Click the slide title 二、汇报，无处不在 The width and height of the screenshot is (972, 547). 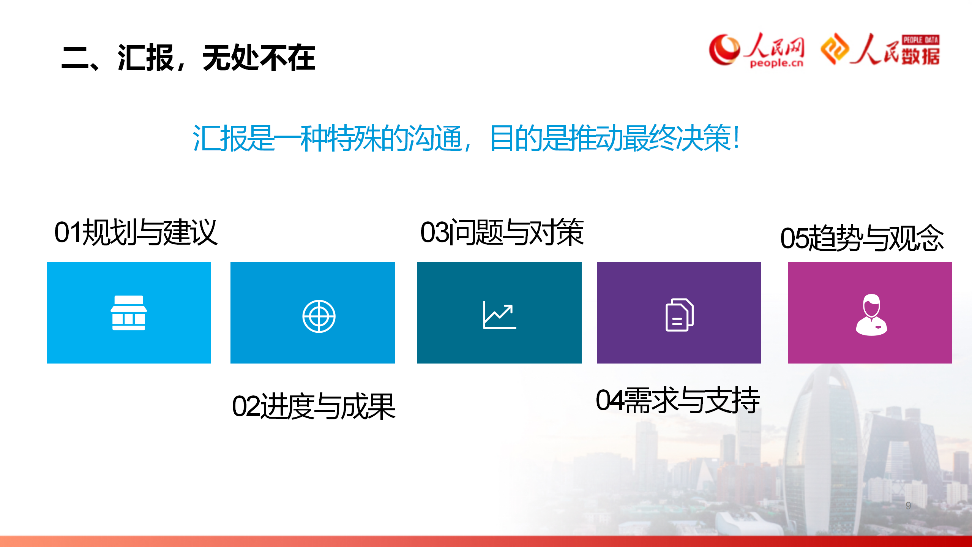click(x=188, y=58)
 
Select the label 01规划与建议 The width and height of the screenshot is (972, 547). click(x=136, y=232)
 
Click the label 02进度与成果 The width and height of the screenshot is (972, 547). click(x=314, y=406)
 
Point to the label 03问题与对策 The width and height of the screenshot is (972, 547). click(x=502, y=232)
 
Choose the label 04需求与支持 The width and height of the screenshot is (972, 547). click(x=678, y=400)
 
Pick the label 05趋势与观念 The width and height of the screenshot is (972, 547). click(x=862, y=238)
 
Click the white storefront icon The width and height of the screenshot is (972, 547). click(x=129, y=313)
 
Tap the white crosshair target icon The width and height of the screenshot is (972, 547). click(x=319, y=316)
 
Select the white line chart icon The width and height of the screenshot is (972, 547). click(x=499, y=315)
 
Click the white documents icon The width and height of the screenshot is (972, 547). click(x=680, y=315)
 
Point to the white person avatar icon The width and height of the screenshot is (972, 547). click(x=871, y=315)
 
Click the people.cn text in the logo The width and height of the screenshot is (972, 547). click(x=776, y=63)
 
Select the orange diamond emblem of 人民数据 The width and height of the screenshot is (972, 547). click(x=835, y=49)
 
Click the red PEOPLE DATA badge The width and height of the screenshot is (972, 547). click(x=921, y=40)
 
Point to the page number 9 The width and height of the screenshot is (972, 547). click(x=908, y=506)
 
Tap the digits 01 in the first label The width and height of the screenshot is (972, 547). click(x=68, y=232)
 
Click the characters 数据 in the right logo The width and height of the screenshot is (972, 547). click(x=920, y=56)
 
